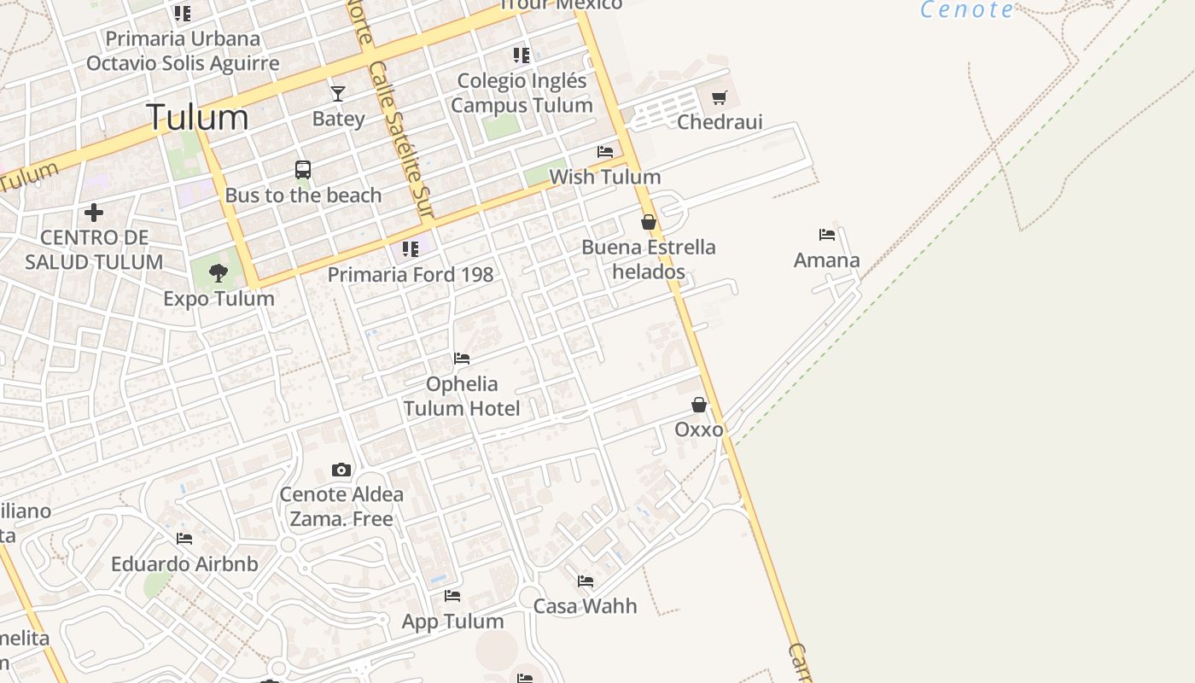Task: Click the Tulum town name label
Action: coord(197,117)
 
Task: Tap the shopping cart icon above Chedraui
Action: coord(720,98)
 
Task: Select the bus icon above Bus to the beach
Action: coord(303,170)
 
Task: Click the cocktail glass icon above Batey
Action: coord(338,93)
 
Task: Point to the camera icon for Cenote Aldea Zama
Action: coord(341,470)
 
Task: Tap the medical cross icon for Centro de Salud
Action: coord(94,212)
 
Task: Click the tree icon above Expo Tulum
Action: coord(219,273)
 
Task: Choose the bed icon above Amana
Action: coord(826,235)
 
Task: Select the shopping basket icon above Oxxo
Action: coord(699,405)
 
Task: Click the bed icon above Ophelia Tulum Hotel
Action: coord(462,359)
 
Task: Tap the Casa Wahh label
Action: coord(585,606)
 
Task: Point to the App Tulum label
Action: coord(452,622)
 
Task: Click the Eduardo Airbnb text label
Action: coord(184,564)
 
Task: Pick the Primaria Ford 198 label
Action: coord(411,275)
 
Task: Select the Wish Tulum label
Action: coord(605,177)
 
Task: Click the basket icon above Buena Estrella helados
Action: coord(649,222)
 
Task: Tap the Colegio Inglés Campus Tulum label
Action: coord(522,93)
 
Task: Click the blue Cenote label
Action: coord(967,10)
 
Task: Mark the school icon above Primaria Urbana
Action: coord(183,14)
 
